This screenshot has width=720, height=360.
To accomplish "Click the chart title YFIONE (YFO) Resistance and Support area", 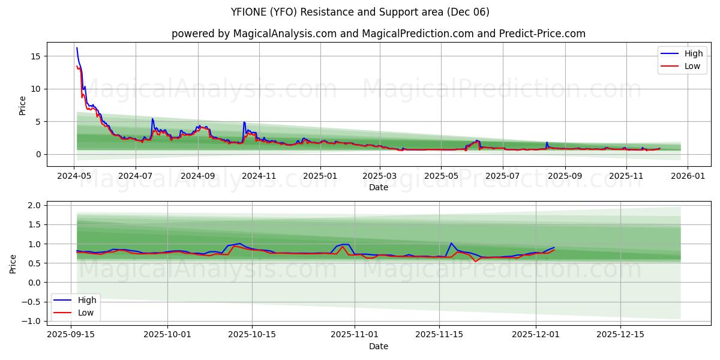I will tap(360, 12).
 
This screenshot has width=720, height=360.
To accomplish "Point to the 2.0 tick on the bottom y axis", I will tap(34, 205).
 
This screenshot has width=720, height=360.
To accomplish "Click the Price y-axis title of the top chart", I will tap(22, 105).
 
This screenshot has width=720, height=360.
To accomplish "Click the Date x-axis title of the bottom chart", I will tap(378, 346).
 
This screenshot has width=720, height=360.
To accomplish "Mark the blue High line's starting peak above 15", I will tap(77, 48).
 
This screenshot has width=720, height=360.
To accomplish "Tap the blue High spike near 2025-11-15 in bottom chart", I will tap(451, 243).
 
